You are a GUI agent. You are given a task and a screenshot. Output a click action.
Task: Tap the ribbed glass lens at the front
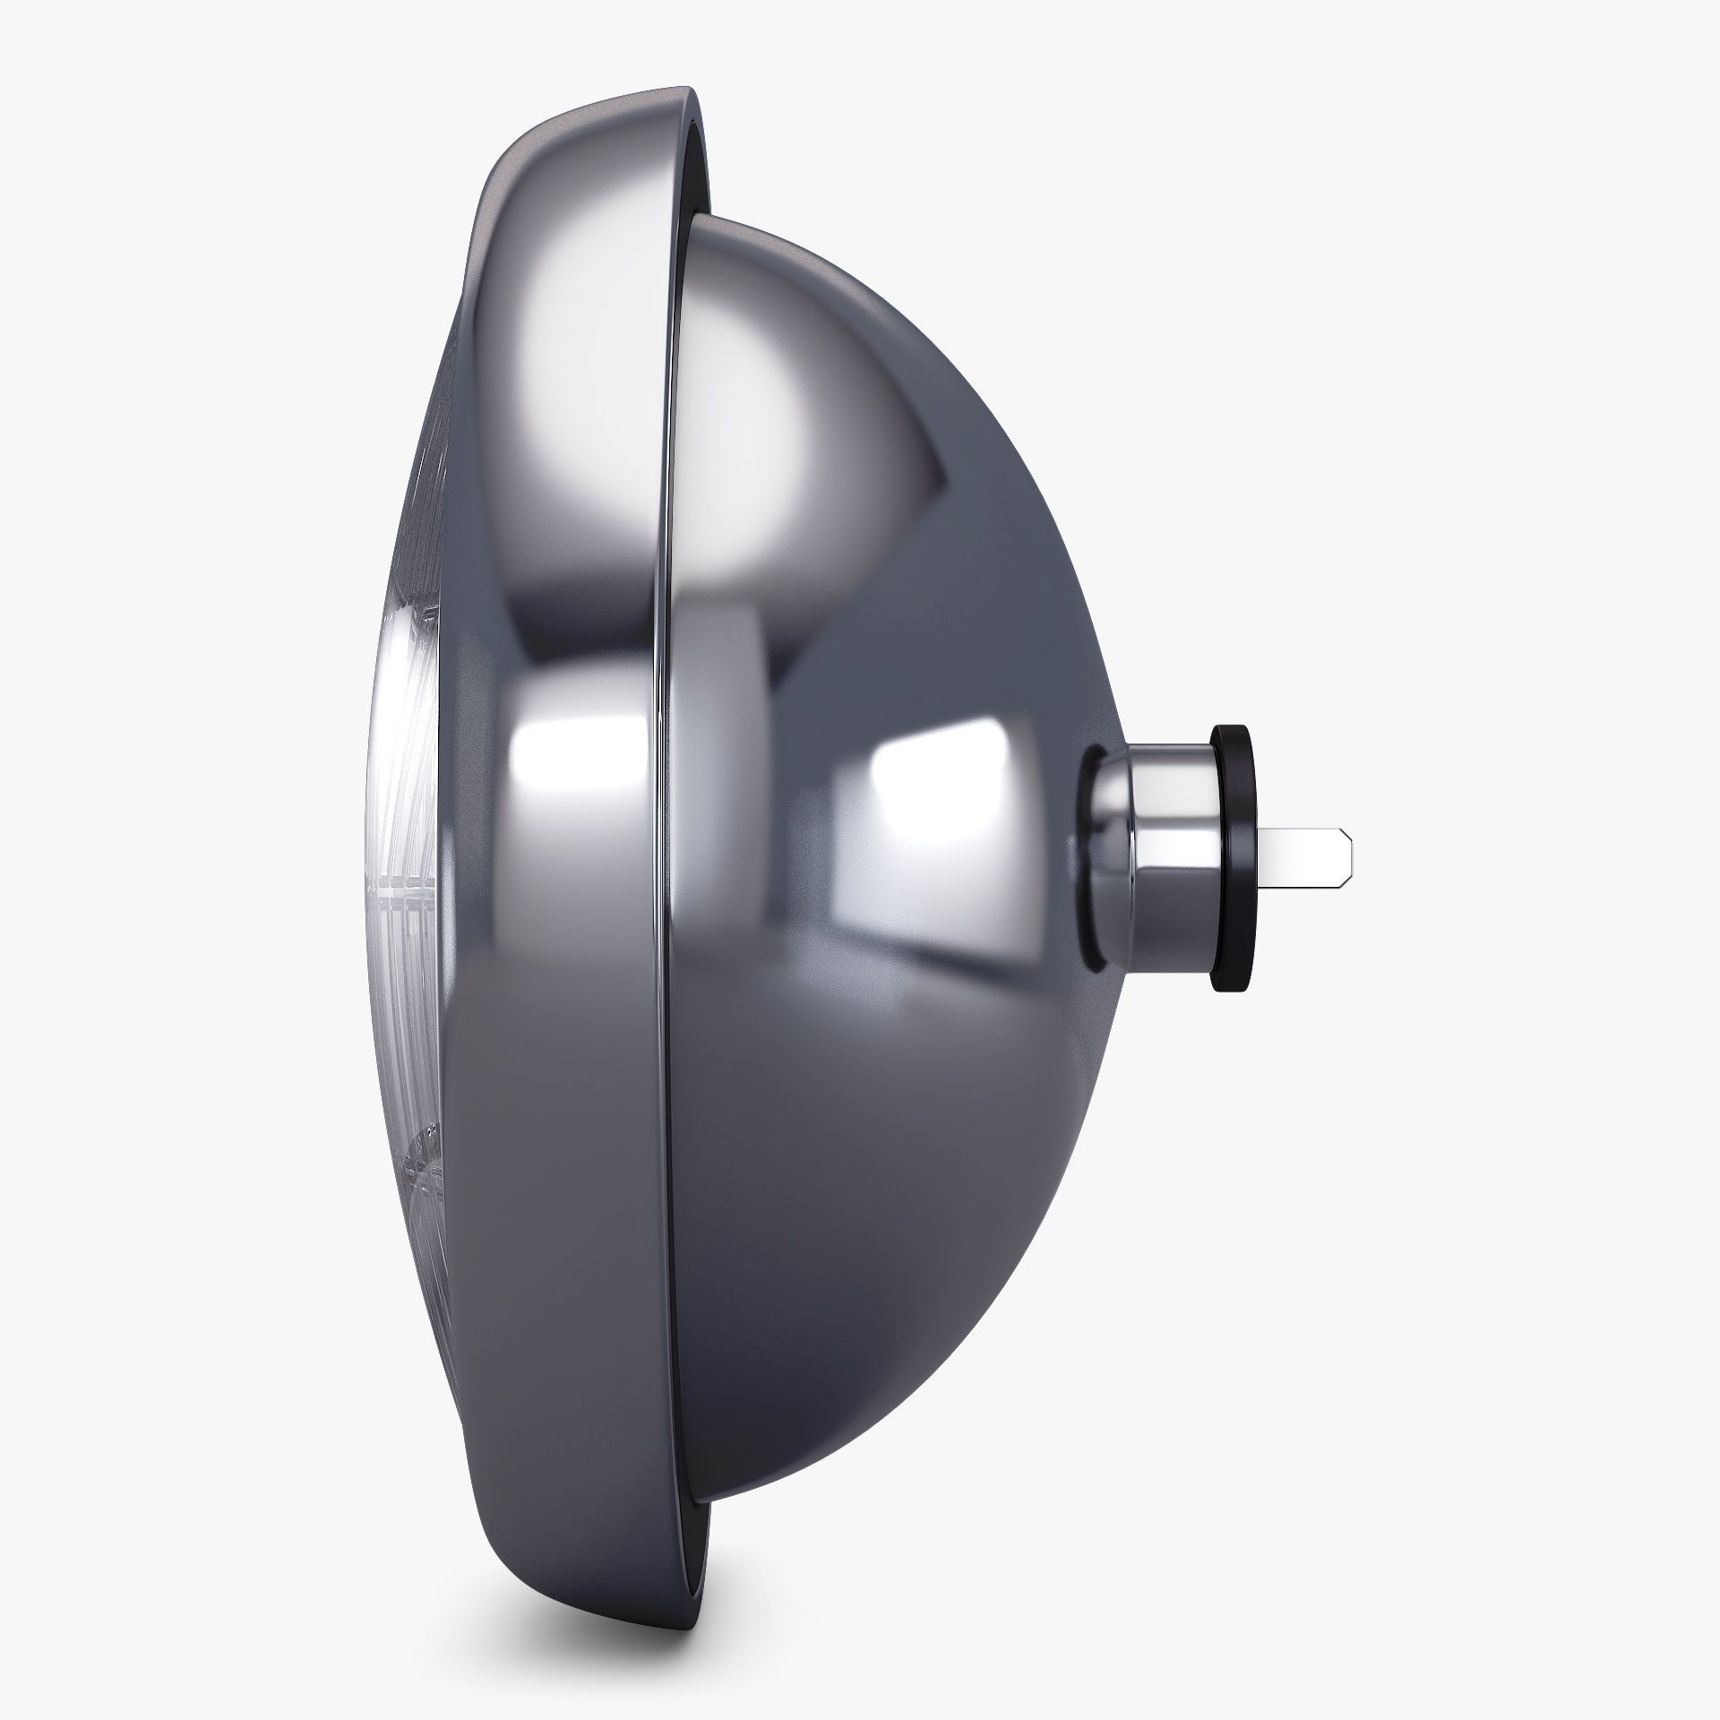pyautogui.click(x=403, y=851)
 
